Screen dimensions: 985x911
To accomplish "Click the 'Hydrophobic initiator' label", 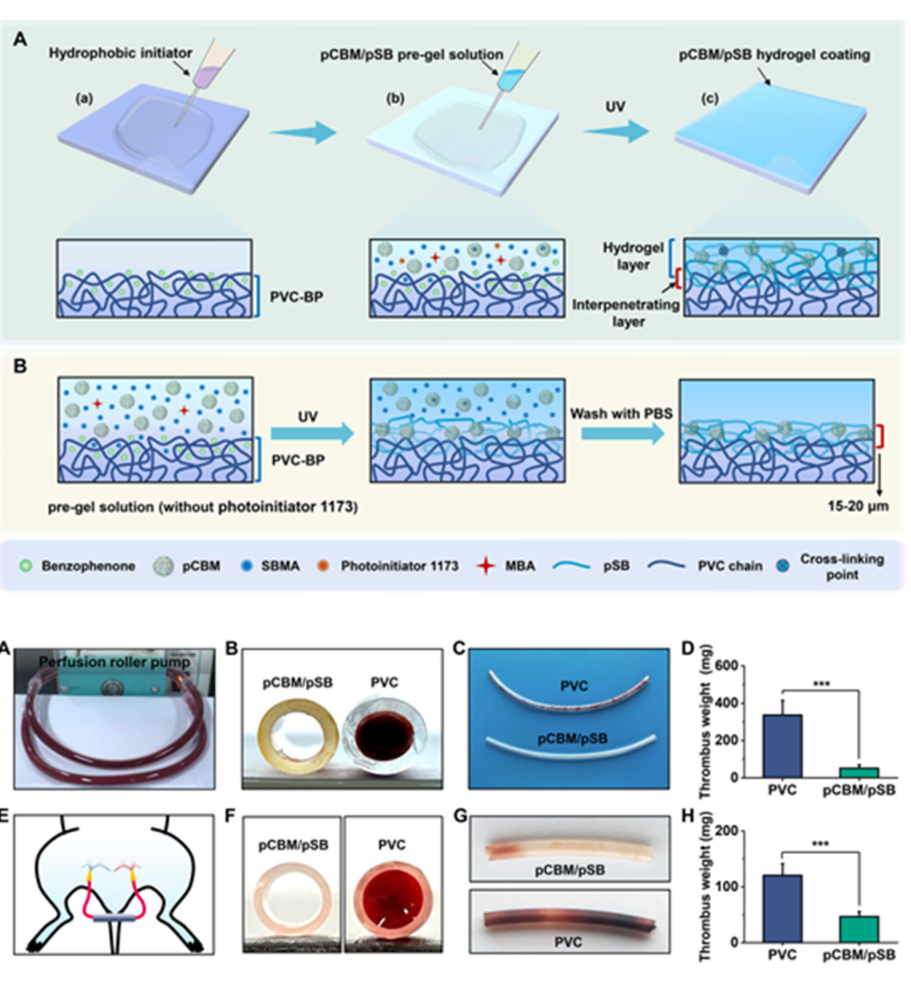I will (120, 53).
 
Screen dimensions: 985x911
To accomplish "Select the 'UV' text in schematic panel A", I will (615, 106).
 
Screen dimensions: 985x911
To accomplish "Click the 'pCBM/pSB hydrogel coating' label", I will (774, 55).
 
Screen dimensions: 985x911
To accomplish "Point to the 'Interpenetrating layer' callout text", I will (626, 312).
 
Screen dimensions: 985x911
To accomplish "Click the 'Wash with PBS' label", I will (621, 414).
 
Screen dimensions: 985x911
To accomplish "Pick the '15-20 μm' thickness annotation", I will (858, 505).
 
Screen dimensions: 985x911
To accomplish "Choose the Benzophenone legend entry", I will (79, 566).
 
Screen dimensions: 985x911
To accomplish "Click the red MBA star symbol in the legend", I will (486, 566).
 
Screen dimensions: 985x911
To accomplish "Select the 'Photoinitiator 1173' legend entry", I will (391, 566).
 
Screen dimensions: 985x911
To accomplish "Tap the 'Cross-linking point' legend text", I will (841, 566).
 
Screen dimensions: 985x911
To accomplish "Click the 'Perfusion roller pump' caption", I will (114, 662).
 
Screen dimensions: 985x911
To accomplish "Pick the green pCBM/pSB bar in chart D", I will (859, 772).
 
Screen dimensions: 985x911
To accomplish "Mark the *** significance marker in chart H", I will (821, 845).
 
